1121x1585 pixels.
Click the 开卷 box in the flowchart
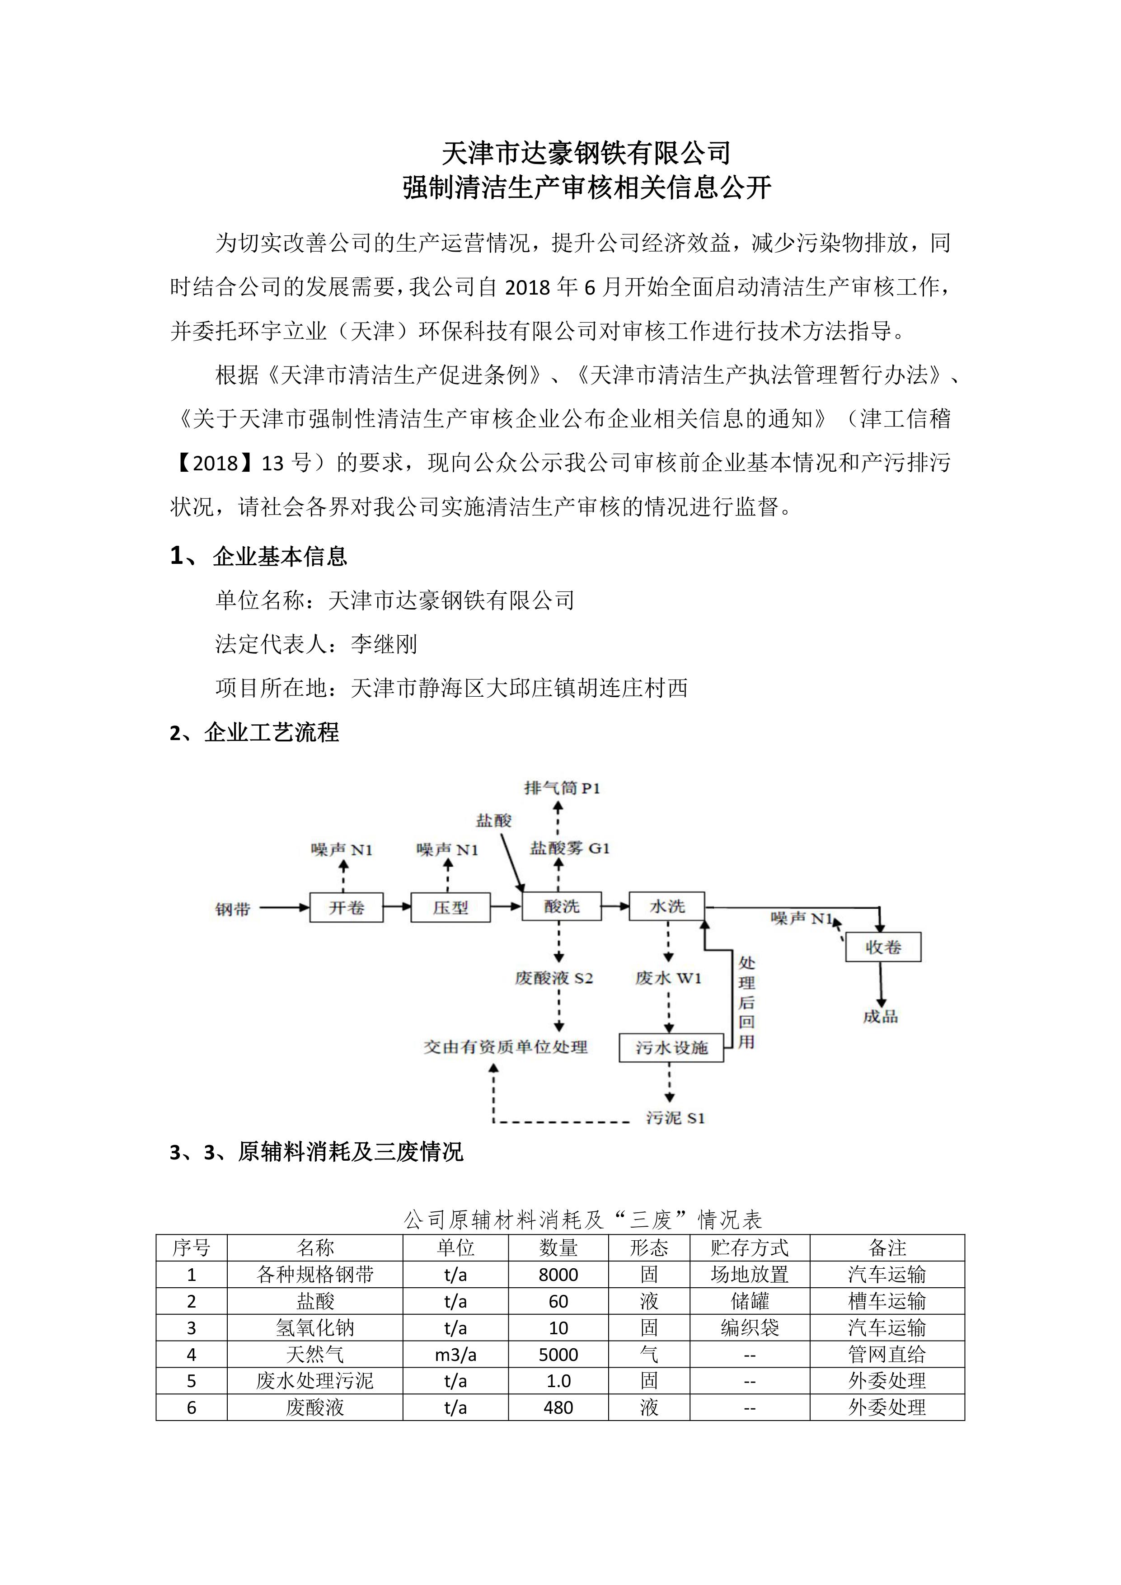click(x=346, y=907)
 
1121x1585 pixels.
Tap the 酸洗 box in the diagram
click(x=561, y=906)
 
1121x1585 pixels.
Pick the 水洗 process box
click(x=667, y=906)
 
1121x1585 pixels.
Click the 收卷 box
click(x=883, y=947)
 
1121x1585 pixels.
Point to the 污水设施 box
click(x=671, y=1047)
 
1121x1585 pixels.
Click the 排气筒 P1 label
click(x=562, y=788)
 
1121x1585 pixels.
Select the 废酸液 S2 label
click(x=553, y=978)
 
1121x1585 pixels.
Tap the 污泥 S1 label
click(x=675, y=1118)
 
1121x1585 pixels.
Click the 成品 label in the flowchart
click(x=880, y=1016)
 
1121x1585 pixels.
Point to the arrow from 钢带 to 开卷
click(x=284, y=908)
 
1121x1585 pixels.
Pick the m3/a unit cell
click(x=455, y=1355)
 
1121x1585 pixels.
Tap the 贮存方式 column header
click(x=749, y=1247)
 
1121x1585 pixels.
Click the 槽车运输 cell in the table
click(x=886, y=1301)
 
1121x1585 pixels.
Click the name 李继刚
click(x=384, y=644)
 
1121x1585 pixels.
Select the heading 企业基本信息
click(x=280, y=556)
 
